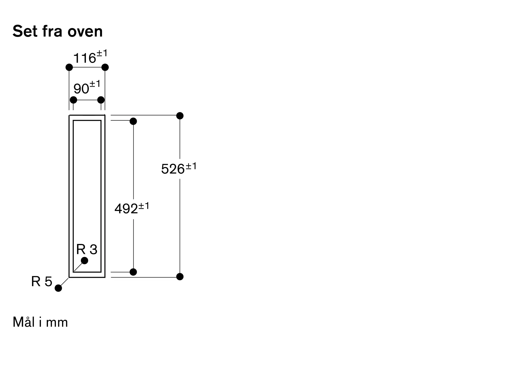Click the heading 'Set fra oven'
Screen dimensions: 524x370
[x=57, y=31]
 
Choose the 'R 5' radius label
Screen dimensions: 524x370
[x=42, y=281]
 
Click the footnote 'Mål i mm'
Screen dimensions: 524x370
[x=40, y=322]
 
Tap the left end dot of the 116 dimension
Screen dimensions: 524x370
[x=69, y=67]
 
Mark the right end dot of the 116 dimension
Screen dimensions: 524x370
[x=105, y=67]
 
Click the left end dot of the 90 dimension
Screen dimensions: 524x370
[x=74, y=100]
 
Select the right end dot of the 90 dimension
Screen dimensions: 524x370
[x=101, y=100]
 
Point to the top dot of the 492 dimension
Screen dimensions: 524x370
[x=133, y=121]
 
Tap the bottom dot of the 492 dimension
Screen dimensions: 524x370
[x=133, y=272]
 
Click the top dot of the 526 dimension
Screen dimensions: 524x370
[x=180, y=116]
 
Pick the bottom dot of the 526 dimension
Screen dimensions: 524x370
[x=180, y=276]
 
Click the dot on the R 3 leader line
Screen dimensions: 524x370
[x=85, y=260]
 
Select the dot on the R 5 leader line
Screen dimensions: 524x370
[x=58, y=288]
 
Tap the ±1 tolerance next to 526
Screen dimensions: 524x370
[x=191, y=166]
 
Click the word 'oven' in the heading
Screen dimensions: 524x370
[x=85, y=32]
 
